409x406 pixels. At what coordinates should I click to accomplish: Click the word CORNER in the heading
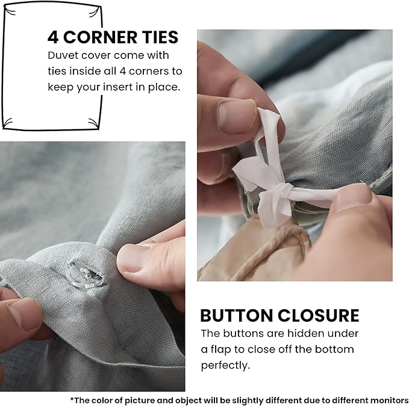tap(100, 37)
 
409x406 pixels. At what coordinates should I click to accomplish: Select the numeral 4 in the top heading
tap(53, 37)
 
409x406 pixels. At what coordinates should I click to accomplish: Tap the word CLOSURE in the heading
tap(318, 316)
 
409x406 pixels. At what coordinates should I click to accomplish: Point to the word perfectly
tap(225, 365)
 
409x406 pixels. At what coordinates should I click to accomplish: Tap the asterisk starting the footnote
tap(72, 399)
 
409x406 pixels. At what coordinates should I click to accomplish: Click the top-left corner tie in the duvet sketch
tap(10, 11)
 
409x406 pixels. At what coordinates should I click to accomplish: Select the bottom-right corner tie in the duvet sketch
tap(94, 123)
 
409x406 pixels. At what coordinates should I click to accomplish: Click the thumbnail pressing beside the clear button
tap(131, 259)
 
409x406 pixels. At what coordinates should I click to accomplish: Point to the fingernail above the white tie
tap(236, 117)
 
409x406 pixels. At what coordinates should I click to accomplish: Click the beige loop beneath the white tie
tap(282, 239)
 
